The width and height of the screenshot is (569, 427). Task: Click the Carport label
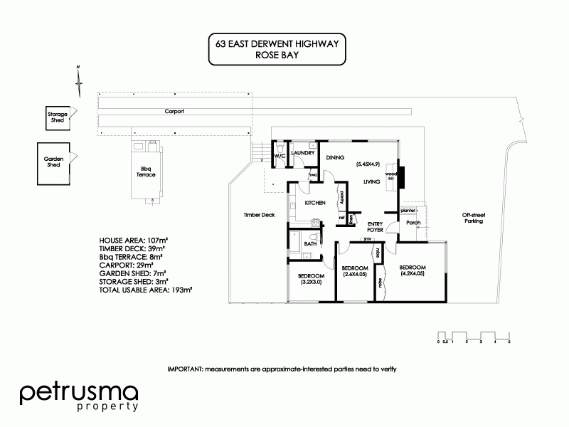point(174,112)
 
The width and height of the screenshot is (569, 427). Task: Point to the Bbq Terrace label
point(147,172)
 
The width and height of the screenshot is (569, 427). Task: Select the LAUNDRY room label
point(303,152)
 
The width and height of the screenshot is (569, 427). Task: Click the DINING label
point(335,157)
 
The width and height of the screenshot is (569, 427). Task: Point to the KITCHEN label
point(315,203)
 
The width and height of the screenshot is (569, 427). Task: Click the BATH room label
point(310,244)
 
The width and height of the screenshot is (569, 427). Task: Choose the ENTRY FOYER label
point(376,227)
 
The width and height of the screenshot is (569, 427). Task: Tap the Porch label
point(413,223)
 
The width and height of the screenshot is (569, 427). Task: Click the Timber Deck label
point(259,214)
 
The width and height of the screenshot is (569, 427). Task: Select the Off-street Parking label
point(472,218)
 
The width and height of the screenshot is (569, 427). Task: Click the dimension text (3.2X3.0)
point(311,283)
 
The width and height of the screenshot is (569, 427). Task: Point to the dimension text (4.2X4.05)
point(413,273)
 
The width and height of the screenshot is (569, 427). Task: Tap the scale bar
point(474,336)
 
